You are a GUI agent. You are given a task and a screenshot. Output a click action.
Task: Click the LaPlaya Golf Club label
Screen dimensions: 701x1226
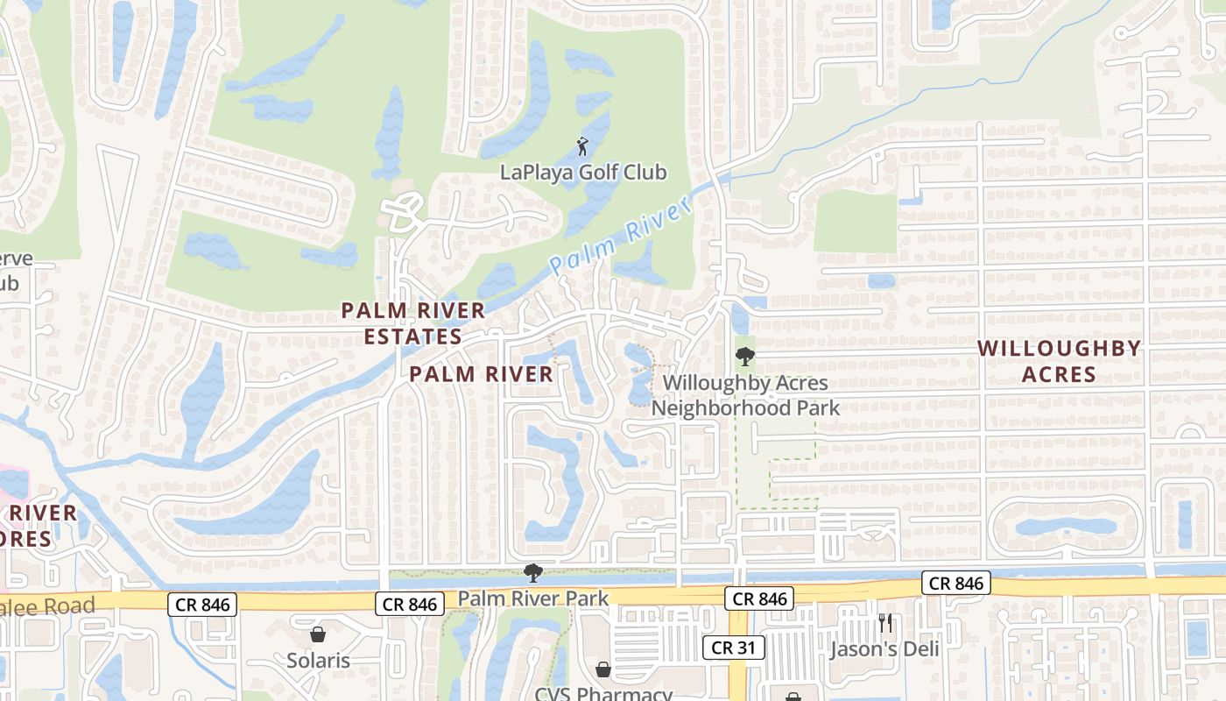click(x=583, y=172)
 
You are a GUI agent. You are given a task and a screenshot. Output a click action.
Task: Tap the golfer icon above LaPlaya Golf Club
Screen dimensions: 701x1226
click(x=583, y=145)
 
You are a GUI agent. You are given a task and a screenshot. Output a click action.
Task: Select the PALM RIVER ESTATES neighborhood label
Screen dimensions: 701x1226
click(x=413, y=322)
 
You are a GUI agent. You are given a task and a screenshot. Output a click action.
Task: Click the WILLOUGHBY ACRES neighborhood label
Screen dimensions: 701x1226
click(x=1060, y=361)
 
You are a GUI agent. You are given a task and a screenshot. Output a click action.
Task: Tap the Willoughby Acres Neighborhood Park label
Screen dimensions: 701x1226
click(x=745, y=395)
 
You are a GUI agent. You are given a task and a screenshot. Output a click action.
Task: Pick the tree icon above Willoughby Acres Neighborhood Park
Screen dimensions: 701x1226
click(x=744, y=357)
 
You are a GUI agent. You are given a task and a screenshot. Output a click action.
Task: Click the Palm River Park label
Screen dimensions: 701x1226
click(x=532, y=599)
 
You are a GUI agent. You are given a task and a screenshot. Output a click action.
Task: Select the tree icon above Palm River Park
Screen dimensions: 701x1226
click(x=532, y=574)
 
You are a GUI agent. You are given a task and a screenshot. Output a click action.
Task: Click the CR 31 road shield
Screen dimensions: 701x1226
click(x=734, y=648)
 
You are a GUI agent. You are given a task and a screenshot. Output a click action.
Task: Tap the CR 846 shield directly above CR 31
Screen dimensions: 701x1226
click(x=759, y=598)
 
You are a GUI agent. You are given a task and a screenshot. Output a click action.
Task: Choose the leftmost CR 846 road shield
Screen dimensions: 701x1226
click(x=202, y=604)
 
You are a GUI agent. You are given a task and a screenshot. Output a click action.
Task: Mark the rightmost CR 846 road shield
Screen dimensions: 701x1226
click(x=955, y=583)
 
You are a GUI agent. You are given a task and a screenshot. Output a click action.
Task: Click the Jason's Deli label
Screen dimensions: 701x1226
click(x=884, y=649)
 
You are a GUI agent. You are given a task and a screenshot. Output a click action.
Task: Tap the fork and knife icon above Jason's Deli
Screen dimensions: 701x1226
click(x=885, y=623)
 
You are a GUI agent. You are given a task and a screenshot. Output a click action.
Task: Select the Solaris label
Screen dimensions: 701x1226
click(x=318, y=660)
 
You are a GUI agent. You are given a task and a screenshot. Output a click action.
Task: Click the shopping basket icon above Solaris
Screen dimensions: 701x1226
click(x=318, y=634)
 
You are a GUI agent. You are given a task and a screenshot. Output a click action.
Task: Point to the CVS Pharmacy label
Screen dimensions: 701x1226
click(x=603, y=694)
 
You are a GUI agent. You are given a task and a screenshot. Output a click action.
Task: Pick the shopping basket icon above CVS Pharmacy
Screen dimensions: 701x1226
click(x=603, y=670)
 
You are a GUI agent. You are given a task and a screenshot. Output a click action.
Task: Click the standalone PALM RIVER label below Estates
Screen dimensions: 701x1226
click(x=482, y=374)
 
